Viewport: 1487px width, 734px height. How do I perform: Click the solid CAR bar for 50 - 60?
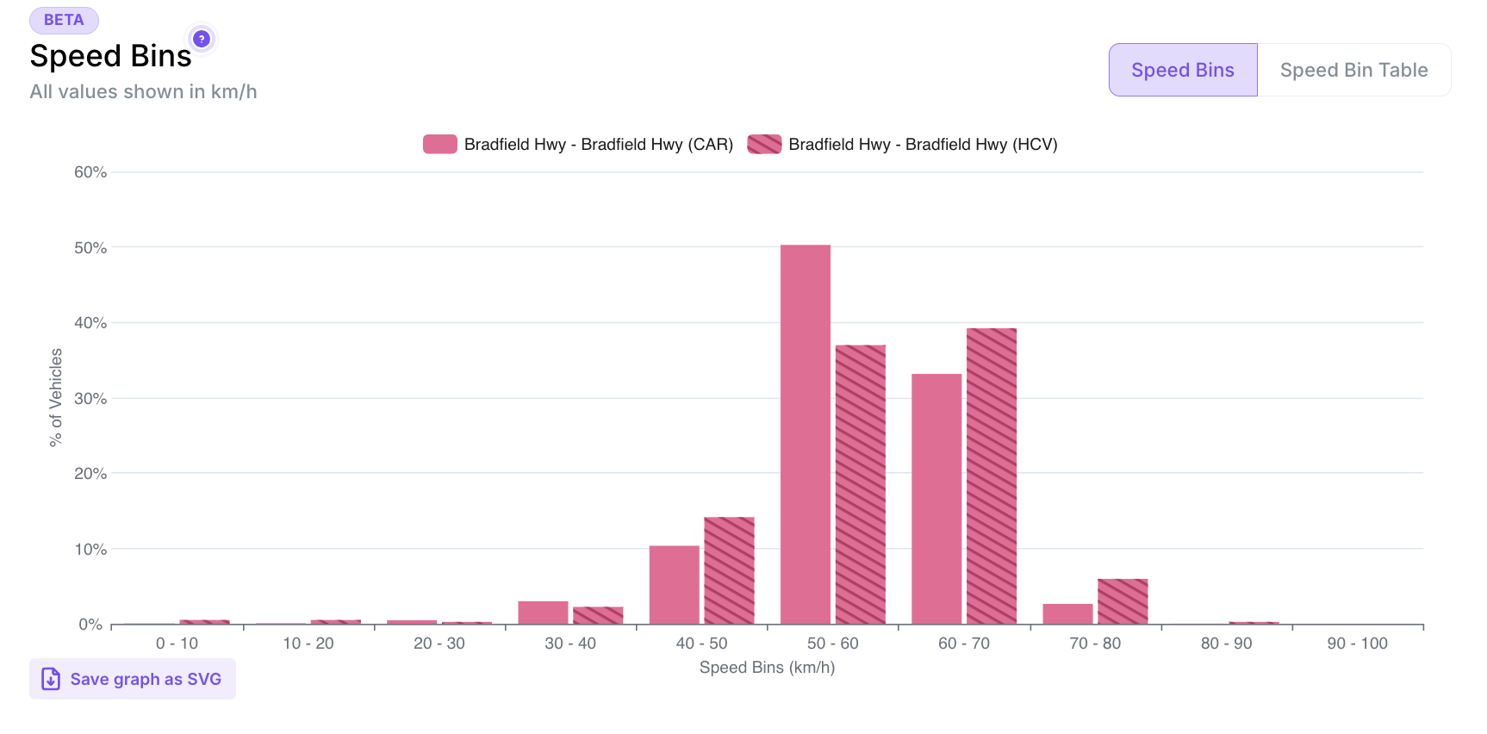(806, 435)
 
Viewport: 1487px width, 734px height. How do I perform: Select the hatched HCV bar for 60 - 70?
(992, 476)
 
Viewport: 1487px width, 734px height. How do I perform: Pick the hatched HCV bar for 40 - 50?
(729, 570)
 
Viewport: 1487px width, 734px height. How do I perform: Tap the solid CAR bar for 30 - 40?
(543, 613)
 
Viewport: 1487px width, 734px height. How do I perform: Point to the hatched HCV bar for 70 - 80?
(1123, 601)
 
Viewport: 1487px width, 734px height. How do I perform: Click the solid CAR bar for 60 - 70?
(936, 499)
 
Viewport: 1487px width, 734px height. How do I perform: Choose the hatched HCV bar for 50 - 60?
(861, 484)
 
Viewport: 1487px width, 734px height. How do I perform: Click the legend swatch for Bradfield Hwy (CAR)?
(439, 144)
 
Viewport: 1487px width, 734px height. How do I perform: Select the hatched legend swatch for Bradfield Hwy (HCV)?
(764, 144)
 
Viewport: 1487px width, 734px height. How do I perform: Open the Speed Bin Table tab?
(1353, 70)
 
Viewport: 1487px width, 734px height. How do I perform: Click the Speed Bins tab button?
(1182, 70)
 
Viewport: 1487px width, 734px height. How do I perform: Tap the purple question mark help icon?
(202, 39)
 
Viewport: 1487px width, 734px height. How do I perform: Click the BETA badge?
(64, 20)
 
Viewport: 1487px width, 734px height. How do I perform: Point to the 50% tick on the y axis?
(90, 248)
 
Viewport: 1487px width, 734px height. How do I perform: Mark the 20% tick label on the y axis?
(90, 474)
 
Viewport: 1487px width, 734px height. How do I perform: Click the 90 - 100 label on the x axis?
(1357, 644)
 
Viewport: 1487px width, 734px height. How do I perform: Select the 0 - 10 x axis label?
(177, 644)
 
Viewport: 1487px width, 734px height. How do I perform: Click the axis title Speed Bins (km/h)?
(767, 668)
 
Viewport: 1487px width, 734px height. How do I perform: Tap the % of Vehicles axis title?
(56, 397)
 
